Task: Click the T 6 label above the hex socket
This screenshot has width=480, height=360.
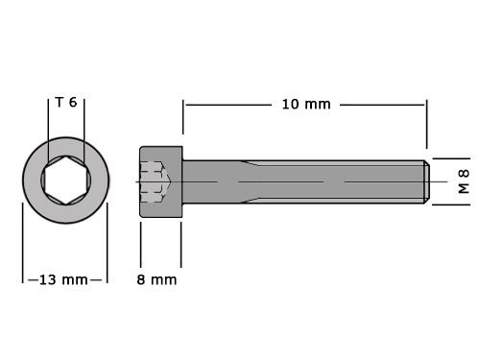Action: pos(66,103)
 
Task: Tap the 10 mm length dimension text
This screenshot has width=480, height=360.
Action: pos(306,105)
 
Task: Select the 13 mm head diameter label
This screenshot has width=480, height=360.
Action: pos(63,280)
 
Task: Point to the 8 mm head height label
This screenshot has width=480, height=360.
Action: pos(156,280)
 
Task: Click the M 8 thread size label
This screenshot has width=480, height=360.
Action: pos(464,181)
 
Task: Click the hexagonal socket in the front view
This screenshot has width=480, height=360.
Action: pos(66,180)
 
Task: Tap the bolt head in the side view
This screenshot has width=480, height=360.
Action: pos(161,181)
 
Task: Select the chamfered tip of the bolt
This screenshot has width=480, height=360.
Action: pos(427,181)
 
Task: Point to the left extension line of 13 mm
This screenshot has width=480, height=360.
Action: pos(23,243)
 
